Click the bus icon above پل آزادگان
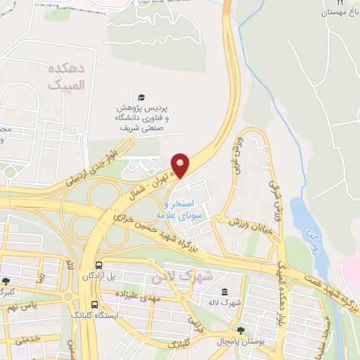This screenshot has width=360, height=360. [x=99, y=266]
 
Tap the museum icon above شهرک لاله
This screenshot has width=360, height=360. [x=224, y=292]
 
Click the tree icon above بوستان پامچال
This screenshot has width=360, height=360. [x=240, y=330]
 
